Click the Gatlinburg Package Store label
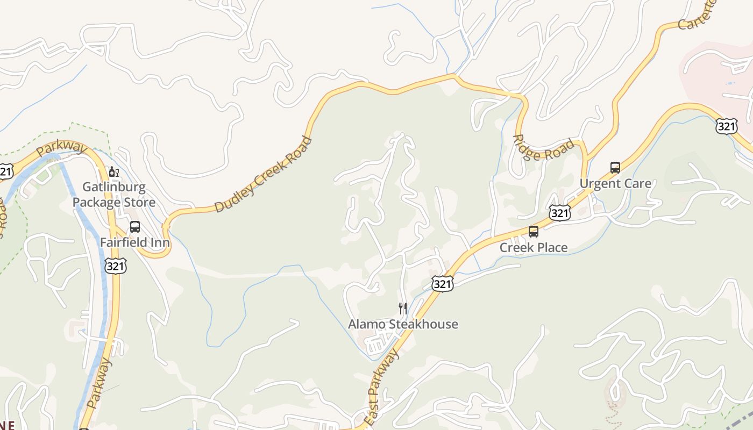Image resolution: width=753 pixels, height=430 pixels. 114,195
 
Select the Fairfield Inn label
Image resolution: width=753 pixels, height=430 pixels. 135,242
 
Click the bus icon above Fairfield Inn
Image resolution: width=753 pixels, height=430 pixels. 135,227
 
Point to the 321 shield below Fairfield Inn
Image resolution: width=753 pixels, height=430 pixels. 116,266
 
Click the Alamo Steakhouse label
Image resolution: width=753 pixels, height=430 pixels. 403,324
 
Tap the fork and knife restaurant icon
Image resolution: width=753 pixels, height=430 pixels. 402,308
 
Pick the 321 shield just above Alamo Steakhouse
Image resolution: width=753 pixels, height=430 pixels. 442,284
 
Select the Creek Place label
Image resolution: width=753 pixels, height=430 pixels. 534,247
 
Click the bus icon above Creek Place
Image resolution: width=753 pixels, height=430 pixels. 534,232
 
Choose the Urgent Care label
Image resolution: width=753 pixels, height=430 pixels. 615,183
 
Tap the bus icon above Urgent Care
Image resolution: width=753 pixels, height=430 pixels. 615,168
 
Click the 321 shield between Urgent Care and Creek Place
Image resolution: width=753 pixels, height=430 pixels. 560,213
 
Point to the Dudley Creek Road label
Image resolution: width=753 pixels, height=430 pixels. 263,175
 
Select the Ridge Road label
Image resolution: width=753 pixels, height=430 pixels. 543,147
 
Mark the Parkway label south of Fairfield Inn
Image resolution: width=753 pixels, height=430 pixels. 100,383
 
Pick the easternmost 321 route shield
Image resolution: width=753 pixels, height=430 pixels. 726,127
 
